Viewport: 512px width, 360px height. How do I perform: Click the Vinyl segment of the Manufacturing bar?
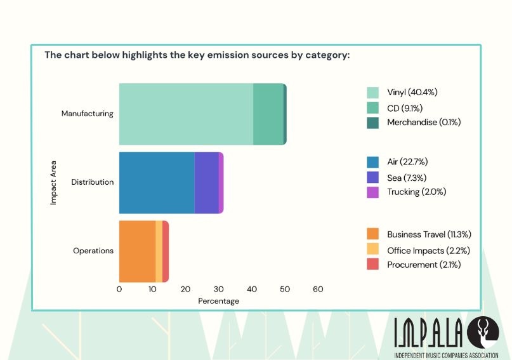186,114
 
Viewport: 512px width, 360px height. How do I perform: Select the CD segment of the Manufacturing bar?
268,114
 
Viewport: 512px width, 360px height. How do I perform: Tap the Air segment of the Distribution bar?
157,183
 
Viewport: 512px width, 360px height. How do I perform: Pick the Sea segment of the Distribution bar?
206,183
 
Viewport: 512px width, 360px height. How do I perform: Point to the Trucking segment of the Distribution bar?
221,183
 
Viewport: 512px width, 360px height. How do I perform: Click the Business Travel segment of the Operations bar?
137,251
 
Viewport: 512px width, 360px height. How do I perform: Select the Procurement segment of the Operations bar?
166,251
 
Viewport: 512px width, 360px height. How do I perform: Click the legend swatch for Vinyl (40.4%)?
372,93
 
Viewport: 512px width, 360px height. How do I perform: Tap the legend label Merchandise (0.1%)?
423,122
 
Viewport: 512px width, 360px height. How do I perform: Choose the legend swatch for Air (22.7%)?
372,163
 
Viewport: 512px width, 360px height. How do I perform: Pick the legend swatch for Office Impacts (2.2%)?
372,250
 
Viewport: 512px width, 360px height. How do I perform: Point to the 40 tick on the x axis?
252,290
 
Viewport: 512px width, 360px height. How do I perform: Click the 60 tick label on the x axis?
318,290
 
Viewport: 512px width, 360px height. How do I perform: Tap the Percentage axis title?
218,301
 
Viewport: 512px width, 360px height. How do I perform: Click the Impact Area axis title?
54,183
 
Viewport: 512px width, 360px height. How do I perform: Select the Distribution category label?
92,183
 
